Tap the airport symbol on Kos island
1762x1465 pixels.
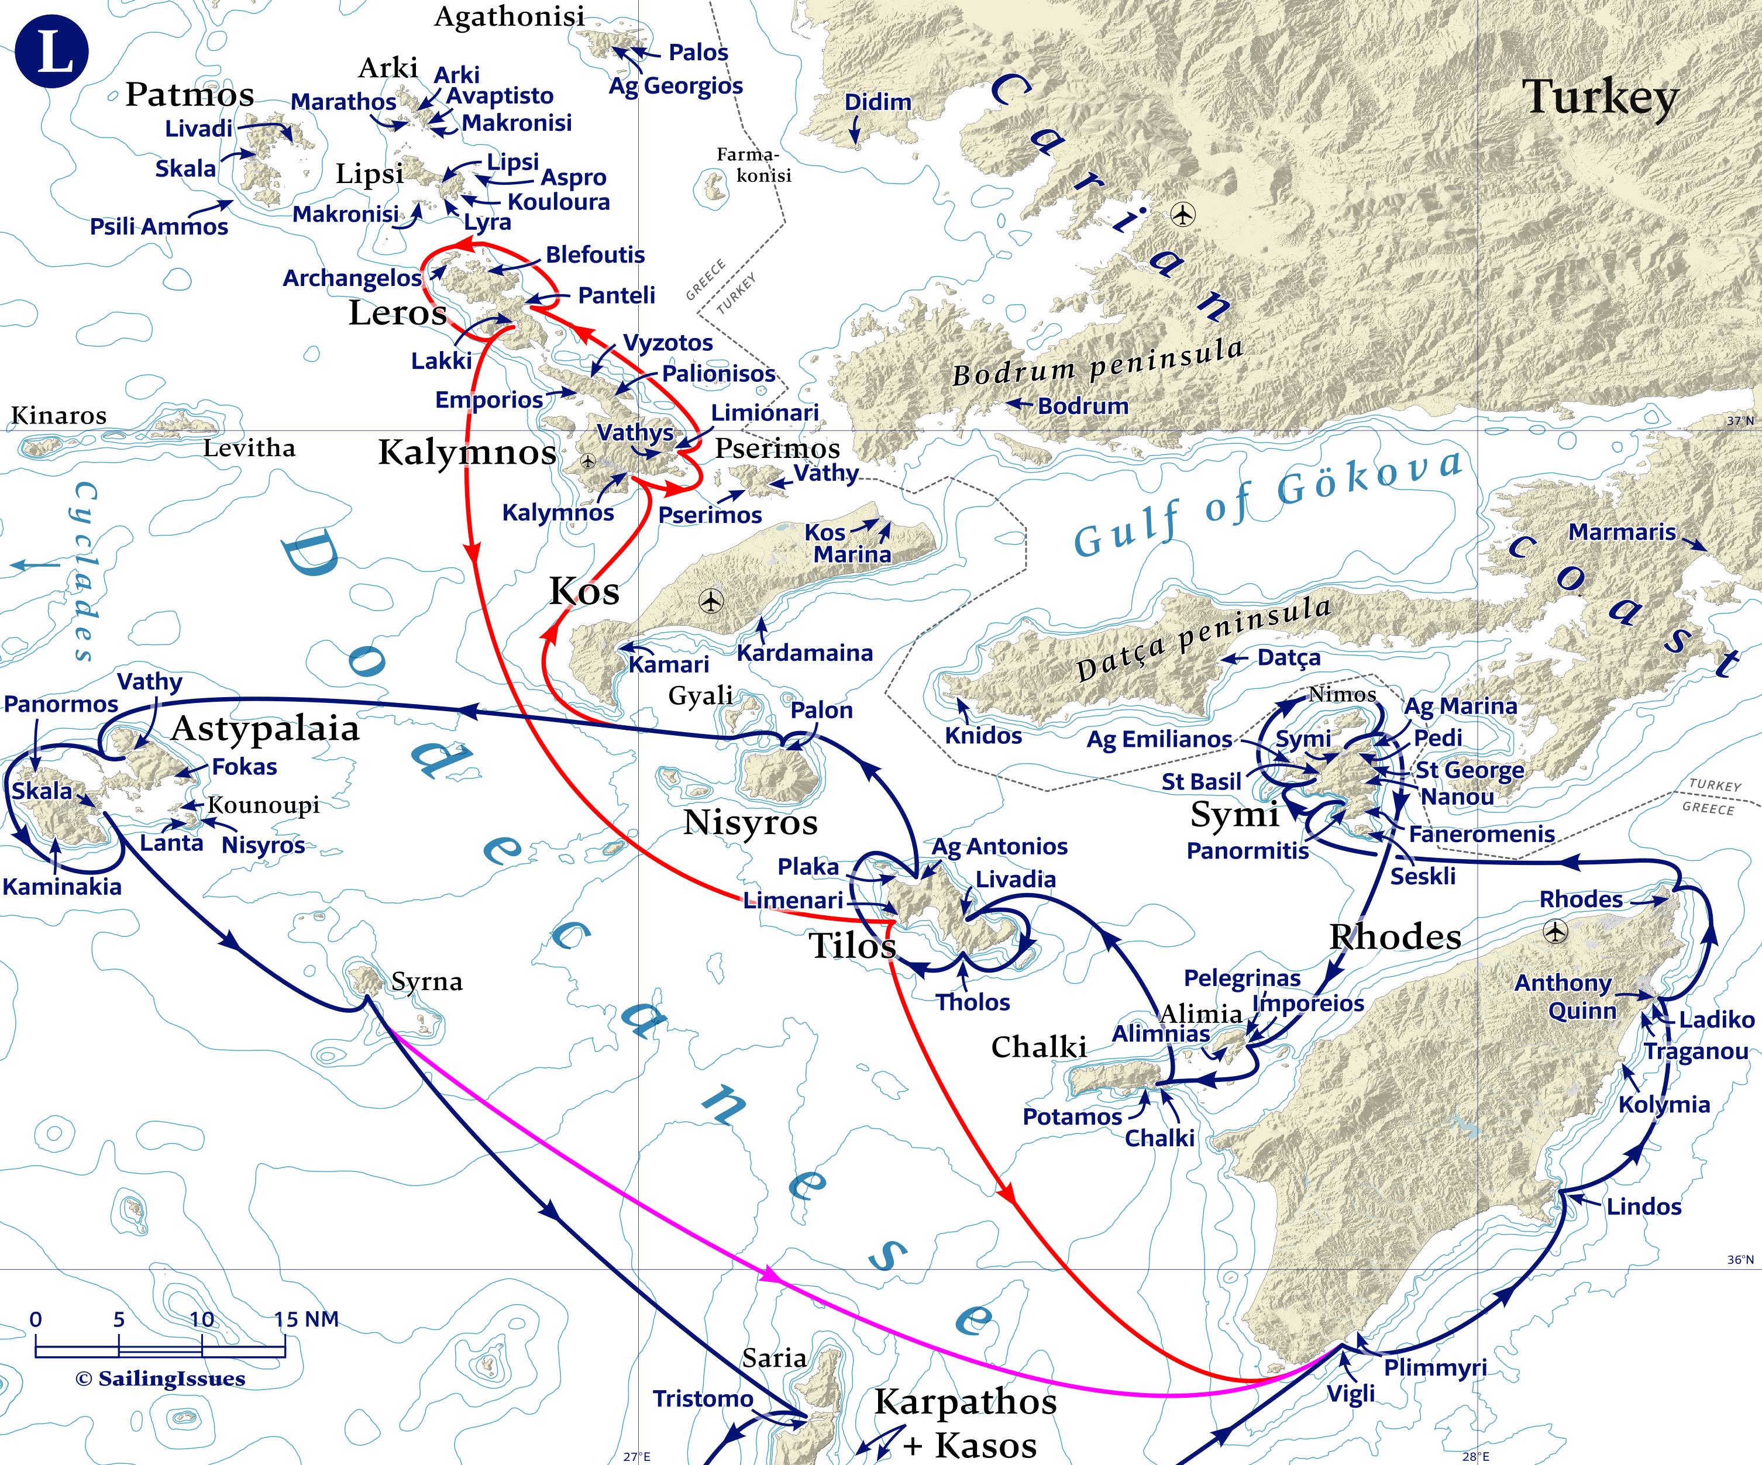click(x=711, y=601)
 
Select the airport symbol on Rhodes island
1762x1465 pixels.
click(x=1555, y=932)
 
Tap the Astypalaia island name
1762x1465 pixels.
click(x=265, y=728)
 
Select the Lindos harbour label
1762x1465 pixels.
click(x=1644, y=1207)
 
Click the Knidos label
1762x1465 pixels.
click(x=983, y=736)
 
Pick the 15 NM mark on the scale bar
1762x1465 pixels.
click(x=307, y=1319)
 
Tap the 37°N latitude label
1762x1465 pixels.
click(x=1739, y=421)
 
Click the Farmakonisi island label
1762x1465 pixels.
click(x=753, y=165)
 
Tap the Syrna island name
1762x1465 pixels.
click(x=426, y=981)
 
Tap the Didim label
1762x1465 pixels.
click(x=877, y=102)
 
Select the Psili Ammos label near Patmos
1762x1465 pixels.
click(x=159, y=226)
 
